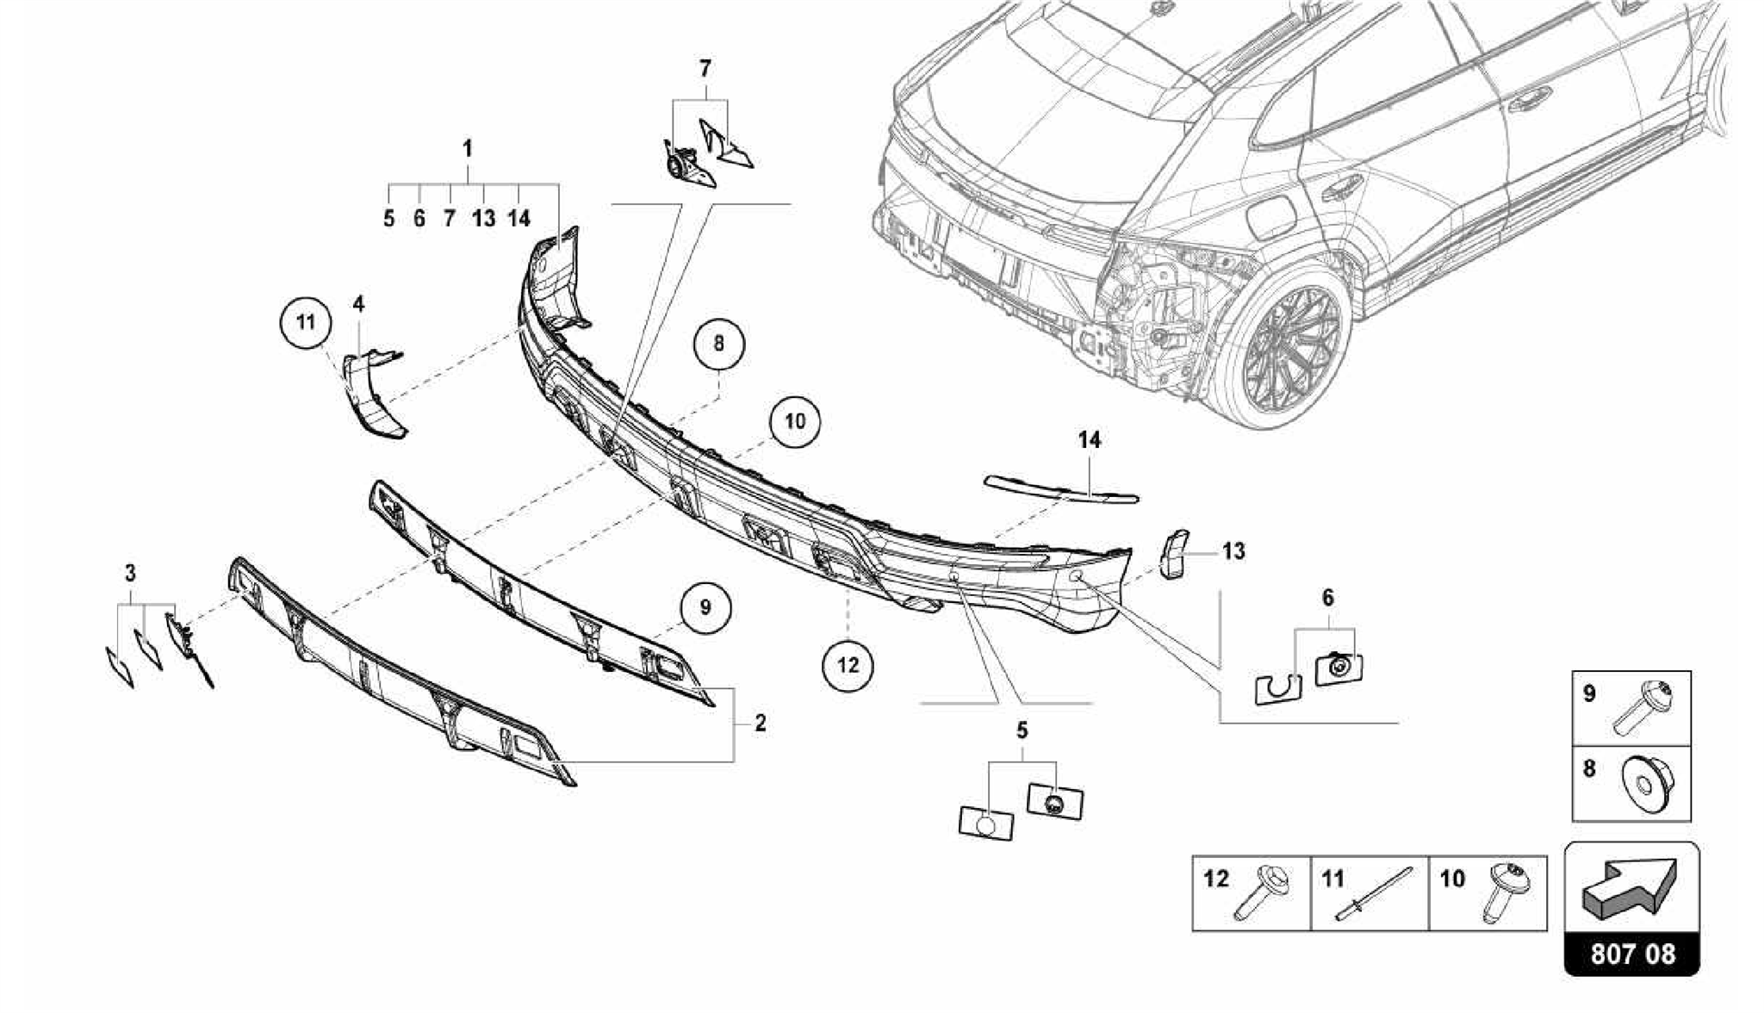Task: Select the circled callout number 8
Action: click(719, 344)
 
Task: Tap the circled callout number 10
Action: click(794, 420)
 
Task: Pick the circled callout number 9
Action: click(705, 607)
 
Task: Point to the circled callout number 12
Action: click(848, 664)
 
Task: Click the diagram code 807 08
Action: click(1631, 954)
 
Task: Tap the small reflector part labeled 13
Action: click(1174, 552)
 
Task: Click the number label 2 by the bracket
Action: click(760, 723)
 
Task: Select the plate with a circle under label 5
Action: click(985, 822)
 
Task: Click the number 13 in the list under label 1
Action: click(483, 219)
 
